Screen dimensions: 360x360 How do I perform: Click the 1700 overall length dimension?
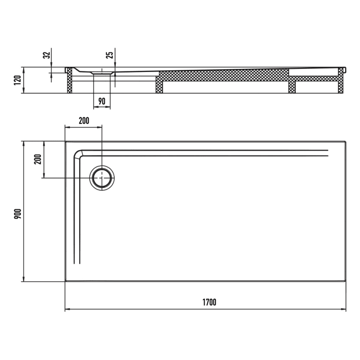click(209, 302)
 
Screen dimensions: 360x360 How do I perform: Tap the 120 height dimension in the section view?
click(16, 80)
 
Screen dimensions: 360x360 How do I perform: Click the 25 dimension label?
click(110, 56)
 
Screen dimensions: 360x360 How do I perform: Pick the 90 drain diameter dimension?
click(102, 101)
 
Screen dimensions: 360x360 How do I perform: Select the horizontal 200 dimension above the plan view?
click(83, 121)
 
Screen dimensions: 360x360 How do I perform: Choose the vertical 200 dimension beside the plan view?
click(37, 159)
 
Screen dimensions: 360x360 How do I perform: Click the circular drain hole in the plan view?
click(102, 178)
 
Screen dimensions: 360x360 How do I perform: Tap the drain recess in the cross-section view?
click(102, 74)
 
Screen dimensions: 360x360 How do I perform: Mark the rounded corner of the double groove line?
click(78, 153)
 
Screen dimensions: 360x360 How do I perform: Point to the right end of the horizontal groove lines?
click(327, 151)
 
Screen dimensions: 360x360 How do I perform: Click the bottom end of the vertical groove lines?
click(78, 262)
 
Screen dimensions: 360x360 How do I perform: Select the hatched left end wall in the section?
click(68, 82)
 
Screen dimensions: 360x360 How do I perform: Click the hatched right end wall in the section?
click(341, 82)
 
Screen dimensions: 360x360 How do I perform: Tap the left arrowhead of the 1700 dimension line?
click(67, 310)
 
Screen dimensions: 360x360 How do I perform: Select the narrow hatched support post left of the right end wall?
click(292, 85)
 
